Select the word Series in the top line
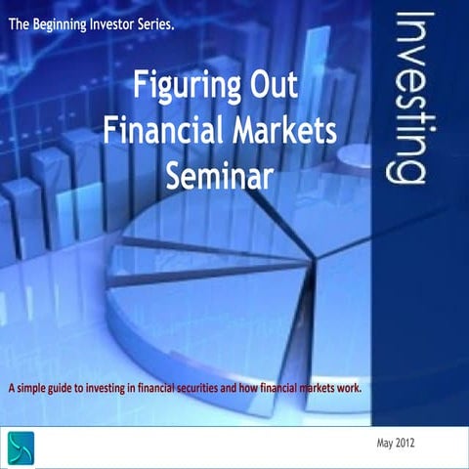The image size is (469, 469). [155, 22]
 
